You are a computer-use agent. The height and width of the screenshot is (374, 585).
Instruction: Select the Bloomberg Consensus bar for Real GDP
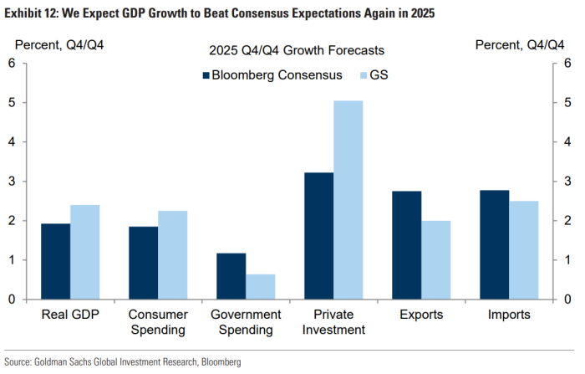pos(56,261)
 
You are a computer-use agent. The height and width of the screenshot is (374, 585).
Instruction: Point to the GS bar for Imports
pos(524,250)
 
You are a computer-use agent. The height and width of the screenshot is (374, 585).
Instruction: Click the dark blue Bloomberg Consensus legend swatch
pos(205,75)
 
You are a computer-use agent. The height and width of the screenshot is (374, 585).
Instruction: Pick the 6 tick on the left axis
pos(12,63)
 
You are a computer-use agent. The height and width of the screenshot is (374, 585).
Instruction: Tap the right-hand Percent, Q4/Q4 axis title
pos(520,45)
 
